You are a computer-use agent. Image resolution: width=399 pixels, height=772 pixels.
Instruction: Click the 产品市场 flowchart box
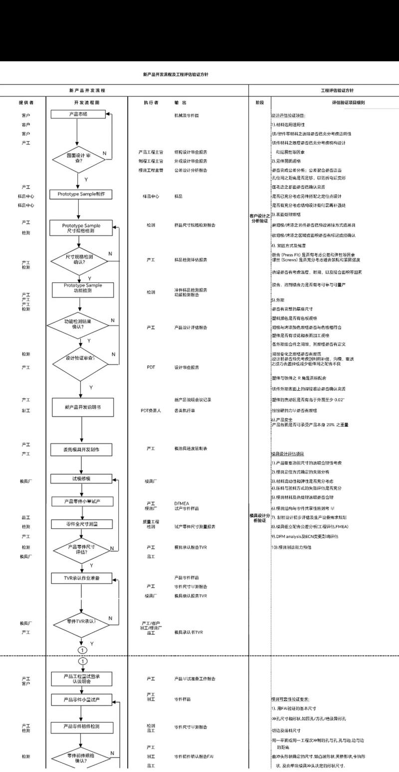click(x=78, y=114)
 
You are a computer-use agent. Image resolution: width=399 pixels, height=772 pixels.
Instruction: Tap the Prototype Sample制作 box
click(x=82, y=194)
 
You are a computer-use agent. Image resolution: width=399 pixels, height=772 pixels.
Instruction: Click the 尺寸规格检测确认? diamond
click(x=79, y=258)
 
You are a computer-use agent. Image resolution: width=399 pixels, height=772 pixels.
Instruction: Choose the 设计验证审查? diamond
click(x=80, y=358)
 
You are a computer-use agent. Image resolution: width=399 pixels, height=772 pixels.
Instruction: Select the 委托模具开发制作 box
click(x=82, y=450)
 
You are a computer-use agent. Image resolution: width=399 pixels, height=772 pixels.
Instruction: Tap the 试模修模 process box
click(x=81, y=479)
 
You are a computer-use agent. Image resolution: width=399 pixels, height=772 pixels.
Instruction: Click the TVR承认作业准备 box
click(x=82, y=578)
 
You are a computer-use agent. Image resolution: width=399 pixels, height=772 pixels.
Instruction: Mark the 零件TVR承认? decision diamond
click(x=81, y=622)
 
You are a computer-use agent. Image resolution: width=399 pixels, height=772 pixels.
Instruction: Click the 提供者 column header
click(x=26, y=102)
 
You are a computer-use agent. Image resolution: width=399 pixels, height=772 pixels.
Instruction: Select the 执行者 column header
click(x=151, y=102)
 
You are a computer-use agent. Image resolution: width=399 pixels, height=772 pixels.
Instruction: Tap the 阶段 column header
click(x=259, y=102)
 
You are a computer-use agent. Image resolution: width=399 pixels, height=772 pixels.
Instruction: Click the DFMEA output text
click(x=181, y=503)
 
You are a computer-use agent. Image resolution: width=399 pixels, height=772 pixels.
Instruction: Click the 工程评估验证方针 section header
click(x=338, y=91)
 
